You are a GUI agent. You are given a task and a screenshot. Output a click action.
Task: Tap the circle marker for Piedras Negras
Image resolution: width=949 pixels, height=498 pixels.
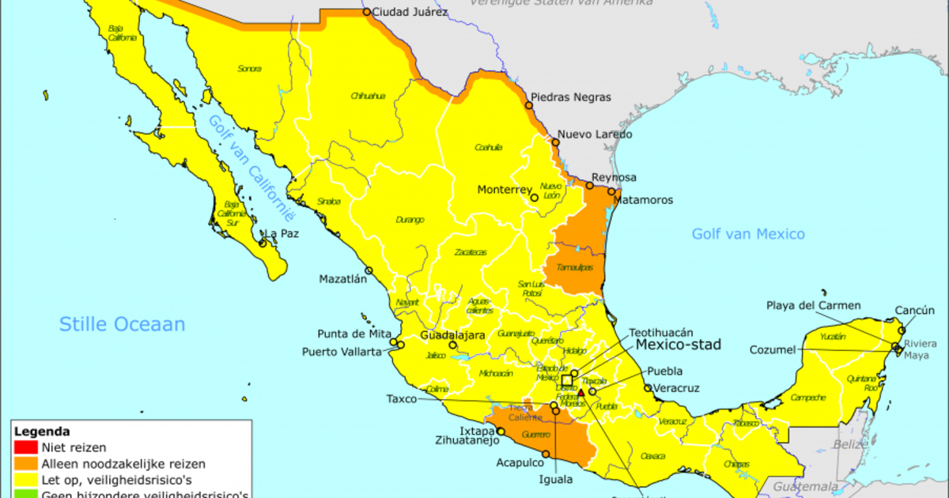click(x=530, y=104)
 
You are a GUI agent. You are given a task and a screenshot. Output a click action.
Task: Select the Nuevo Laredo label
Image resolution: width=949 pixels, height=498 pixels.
click(x=595, y=134)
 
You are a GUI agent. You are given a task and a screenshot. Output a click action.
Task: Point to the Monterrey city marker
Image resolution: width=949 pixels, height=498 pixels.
click(x=535, y=198)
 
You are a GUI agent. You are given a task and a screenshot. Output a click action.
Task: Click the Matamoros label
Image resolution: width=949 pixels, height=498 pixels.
click(x=643, y=200)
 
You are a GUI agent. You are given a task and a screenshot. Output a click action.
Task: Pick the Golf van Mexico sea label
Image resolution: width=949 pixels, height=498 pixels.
click(x=748, y=234)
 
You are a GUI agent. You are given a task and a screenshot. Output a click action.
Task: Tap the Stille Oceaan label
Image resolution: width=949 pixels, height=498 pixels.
click(x=123, y=324)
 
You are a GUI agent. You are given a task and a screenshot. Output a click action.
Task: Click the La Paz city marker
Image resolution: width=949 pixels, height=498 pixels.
click(x=264, y=235)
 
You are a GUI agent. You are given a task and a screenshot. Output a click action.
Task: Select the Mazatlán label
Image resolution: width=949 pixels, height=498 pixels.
click(x=343, y=279)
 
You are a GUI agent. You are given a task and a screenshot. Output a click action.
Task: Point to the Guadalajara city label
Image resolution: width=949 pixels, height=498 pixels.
click(x=452, y=335)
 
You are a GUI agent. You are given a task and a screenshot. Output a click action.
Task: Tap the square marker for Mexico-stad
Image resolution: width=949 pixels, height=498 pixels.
click(x=567, y=381)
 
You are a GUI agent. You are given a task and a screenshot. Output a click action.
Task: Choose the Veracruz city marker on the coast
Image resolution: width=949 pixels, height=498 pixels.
click(x=648, y=388)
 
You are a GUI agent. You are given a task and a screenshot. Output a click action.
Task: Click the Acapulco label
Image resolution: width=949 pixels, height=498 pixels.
click(x=520, y=463)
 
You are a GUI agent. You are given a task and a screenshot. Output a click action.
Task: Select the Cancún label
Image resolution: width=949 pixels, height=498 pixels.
click(x=914, y=311)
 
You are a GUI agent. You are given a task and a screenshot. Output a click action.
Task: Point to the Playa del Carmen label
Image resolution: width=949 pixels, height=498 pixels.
click(x=813, y=306)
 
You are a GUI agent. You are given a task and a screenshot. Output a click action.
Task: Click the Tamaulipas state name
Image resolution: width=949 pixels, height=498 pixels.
click(x=575, y=268)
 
